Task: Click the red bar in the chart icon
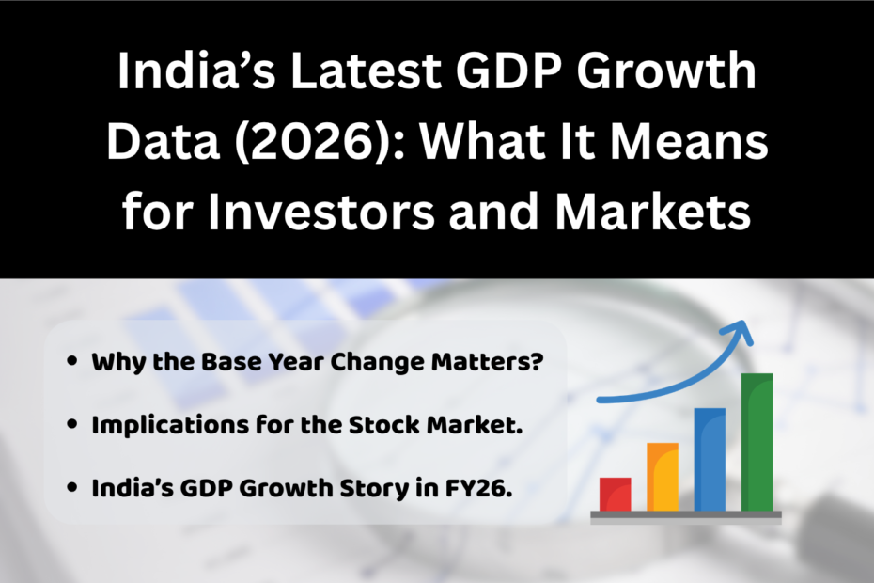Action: (x=616, y=494)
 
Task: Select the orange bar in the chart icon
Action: (x=662, y=477)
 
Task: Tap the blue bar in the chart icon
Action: (x=710, y=459)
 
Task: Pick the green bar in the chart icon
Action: (x=757, y=442)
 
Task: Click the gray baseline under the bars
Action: (x=686, y=515)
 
